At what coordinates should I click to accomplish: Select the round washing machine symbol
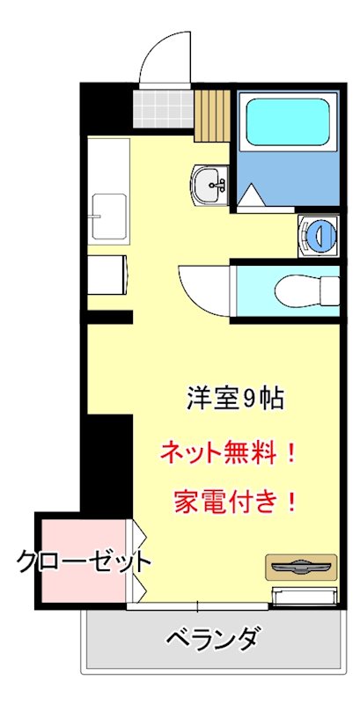[318, 234]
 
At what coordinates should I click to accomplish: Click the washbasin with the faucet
[210, 185]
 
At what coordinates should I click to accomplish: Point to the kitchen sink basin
[108, 216]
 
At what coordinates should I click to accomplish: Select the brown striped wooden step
[212, 114]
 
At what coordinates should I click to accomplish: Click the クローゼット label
[84, 561]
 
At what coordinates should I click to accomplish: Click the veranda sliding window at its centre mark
[197, 605]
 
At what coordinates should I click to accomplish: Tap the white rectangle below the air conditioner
[304, 596]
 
